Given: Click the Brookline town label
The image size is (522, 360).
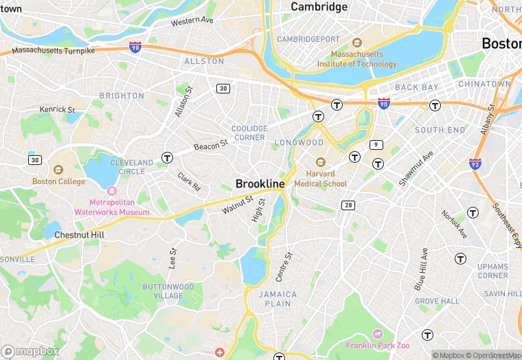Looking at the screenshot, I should point(260,184).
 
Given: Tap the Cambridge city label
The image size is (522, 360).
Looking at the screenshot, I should point(319,7).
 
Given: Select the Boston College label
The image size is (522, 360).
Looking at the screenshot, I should point(59,181).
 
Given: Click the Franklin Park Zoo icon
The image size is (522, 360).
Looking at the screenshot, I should point(377,333).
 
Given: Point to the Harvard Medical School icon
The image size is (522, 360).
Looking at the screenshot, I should point(319,161).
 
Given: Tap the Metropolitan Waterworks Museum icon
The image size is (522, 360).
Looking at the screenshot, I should point(112,190).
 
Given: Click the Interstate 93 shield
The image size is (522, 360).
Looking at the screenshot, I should point(475,164).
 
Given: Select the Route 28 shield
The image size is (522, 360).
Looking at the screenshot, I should point(348,205).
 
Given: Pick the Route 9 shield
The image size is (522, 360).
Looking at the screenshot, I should point(376,144).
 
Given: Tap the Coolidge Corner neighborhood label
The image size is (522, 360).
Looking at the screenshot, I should point(249,133).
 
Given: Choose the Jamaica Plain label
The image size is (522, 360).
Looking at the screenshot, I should point(278,299).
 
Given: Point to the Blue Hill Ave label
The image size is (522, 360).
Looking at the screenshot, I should point(420,269).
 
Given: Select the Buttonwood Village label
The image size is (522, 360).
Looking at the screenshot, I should point(168,291).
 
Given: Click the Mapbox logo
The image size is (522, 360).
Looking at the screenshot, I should point(30,351).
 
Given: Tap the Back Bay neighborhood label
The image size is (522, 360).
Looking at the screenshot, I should point(416,87).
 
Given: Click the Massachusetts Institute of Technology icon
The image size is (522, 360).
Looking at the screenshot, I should point(356,43).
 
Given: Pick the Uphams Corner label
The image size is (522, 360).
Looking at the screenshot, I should point(493,271).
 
